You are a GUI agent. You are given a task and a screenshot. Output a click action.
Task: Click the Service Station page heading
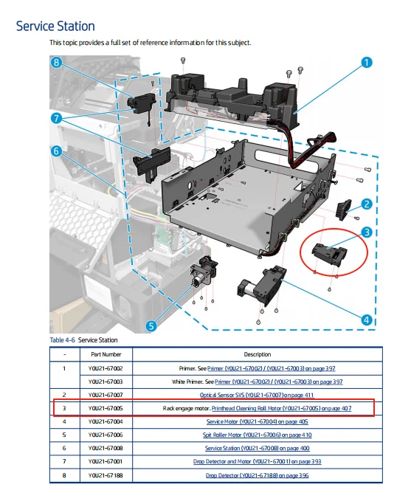[55, 27]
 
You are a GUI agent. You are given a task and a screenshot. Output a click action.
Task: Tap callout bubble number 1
[367, 63]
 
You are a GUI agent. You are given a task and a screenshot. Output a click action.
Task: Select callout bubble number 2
[367, 204]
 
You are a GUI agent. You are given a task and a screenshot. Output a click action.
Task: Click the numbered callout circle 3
[367, 232]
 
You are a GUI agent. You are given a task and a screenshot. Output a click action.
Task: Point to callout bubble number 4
[367, 320]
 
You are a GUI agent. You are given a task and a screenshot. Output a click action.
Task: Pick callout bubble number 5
[151, 326]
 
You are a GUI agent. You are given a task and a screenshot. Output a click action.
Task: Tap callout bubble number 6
[56, 151]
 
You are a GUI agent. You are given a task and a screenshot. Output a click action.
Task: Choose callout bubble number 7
[56, 118]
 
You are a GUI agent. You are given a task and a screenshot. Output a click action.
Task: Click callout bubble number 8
[56, 63]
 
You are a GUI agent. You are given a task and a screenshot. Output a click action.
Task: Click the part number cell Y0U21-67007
[106, 395]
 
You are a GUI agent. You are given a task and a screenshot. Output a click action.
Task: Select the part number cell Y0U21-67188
[106, 475]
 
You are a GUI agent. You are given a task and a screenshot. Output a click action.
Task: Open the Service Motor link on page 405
[258, 421]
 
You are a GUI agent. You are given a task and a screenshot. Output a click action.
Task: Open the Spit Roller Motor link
[258, 435]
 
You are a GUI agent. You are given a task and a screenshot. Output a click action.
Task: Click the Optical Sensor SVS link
[257, 395]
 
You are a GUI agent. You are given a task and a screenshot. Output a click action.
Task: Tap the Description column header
[258, 354]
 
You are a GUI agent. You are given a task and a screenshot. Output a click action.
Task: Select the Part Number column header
[106, 354]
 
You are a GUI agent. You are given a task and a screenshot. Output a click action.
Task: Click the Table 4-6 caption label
[62, 340]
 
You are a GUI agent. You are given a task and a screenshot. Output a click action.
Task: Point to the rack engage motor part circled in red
[330, 253]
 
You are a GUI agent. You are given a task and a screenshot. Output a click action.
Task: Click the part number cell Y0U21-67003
[106, 382]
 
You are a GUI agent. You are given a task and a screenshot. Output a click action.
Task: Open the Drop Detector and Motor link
[258, 461]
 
